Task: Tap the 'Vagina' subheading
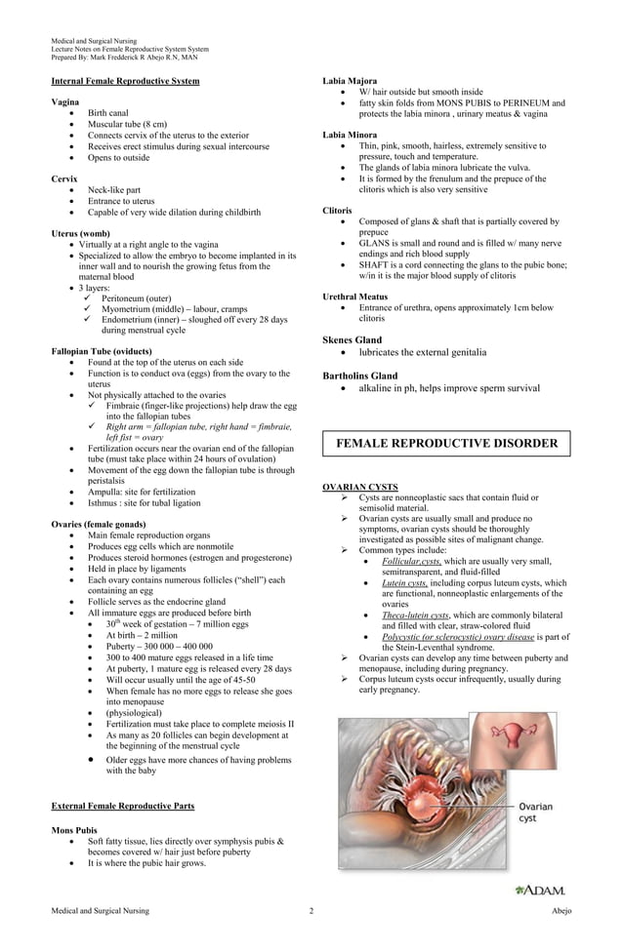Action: click(65, 102)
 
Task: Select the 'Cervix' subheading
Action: click(63, 178)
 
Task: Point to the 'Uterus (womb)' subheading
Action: click(80, 233)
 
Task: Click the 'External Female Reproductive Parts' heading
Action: click(122, 807)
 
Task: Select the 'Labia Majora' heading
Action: click(350, 81)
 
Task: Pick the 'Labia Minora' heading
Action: click(350, 135)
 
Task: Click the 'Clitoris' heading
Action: click(338, 211)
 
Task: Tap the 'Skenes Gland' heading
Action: click(352, 339)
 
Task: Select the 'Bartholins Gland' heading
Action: click(359, 376)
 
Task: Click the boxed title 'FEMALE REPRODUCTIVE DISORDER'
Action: click(446, 444)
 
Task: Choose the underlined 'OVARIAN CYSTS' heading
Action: click(359, 487)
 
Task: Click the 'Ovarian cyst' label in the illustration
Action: click(540, 813)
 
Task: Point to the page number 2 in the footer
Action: click(311, 911)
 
